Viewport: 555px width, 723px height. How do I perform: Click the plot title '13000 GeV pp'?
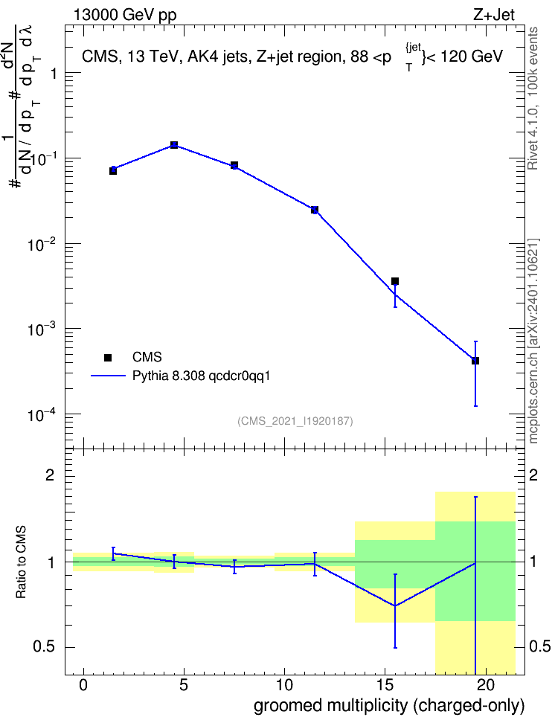pyautogui.click(x=124, y=16)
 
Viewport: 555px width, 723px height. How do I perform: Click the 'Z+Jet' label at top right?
pyautogui.click(x=494, y=16)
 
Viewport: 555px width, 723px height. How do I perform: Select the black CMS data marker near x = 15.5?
pyautogui.click(x=395, y=281)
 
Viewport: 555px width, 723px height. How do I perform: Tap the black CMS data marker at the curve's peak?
pyautogui.click(x=174, y=145)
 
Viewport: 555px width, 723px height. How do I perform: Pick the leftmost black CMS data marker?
pyautogui.click(x=113, y=171)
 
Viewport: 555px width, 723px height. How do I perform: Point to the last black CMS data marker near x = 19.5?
pyautogui.click(x=475, y=361)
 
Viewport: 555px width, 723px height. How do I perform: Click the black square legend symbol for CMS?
pyautogui.click(x=108, y=357)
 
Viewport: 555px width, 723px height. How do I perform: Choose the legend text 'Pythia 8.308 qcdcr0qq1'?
pyautogui.click(x=201, y=376)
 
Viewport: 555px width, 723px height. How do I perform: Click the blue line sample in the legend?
pyautogui.click(x=108, y=376)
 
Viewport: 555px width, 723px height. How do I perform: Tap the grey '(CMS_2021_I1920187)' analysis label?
pyautogui.click(x=295, y=421)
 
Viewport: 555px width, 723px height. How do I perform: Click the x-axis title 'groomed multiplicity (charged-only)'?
pyautogui.click(x=389, y=705)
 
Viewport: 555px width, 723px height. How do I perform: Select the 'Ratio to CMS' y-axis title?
pyautogui.click(x=22, y=562)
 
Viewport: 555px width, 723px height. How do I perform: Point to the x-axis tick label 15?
pyautogui.click(x=385, y=685)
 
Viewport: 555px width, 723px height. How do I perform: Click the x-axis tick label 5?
pyautogui.click(x=184, y=685)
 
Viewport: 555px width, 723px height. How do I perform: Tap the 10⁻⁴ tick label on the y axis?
pyautogui.click(x=42, y=414)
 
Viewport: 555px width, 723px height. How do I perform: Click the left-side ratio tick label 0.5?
pyautogui.click(x=44, y=647)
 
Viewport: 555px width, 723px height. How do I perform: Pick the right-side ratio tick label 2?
pyautogui.click(x=533, y=475)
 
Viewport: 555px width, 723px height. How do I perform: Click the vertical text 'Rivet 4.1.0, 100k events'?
pyautogui.click(x=533, y=98)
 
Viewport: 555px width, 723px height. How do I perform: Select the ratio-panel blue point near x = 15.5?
pyautogui.click(x=395, y=606)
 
